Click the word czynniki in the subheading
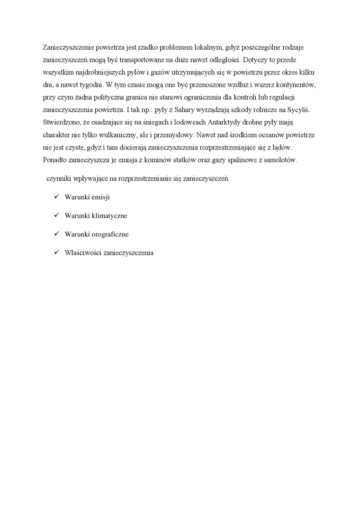point(59,179)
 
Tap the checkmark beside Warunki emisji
point(55,196)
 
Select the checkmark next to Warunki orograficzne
point(55,234)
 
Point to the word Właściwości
point(83,253)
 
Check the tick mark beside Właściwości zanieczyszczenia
point(55,252)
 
